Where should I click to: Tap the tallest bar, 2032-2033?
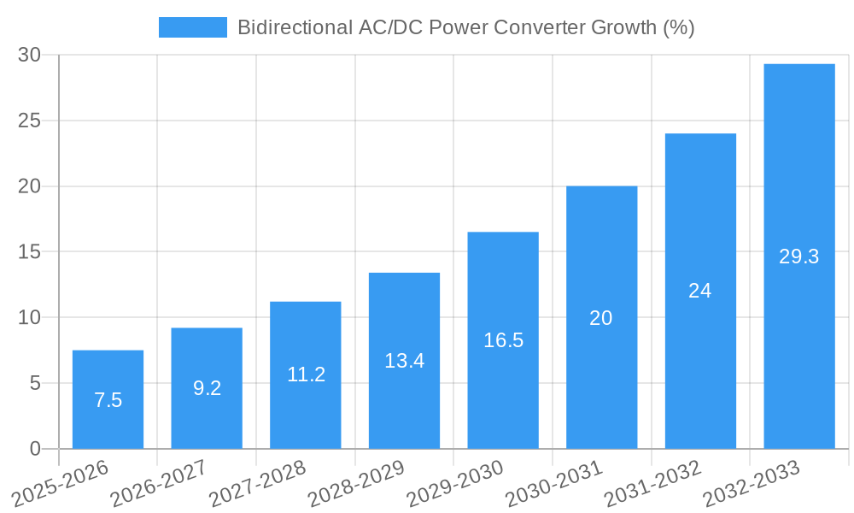798,171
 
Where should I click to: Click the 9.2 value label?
207,388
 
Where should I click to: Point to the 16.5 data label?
503,340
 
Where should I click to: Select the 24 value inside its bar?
700,291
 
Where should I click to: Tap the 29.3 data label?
798,256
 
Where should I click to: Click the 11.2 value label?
306,374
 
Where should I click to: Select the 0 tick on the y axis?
35,449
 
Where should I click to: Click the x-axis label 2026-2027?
158,485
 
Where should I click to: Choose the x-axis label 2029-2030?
454,485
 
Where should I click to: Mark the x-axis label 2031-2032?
652,485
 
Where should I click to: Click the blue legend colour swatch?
192,27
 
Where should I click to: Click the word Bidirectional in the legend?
290,27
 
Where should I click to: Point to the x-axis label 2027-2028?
257,485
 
